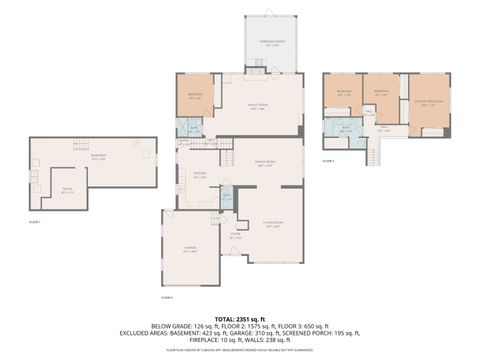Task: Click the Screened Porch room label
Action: click(271, 43)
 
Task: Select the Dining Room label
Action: click(264, 165)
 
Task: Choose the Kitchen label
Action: click(200, 175)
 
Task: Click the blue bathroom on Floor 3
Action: click(345, 129)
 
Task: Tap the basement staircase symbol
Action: click(76, 147)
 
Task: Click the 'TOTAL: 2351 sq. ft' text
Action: click(240, 317)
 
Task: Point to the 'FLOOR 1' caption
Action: click(35, 221)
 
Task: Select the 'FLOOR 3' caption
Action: click(328, 161)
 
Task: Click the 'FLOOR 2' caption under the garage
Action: click(167, 297)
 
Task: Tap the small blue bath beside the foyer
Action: click(226, 197)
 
